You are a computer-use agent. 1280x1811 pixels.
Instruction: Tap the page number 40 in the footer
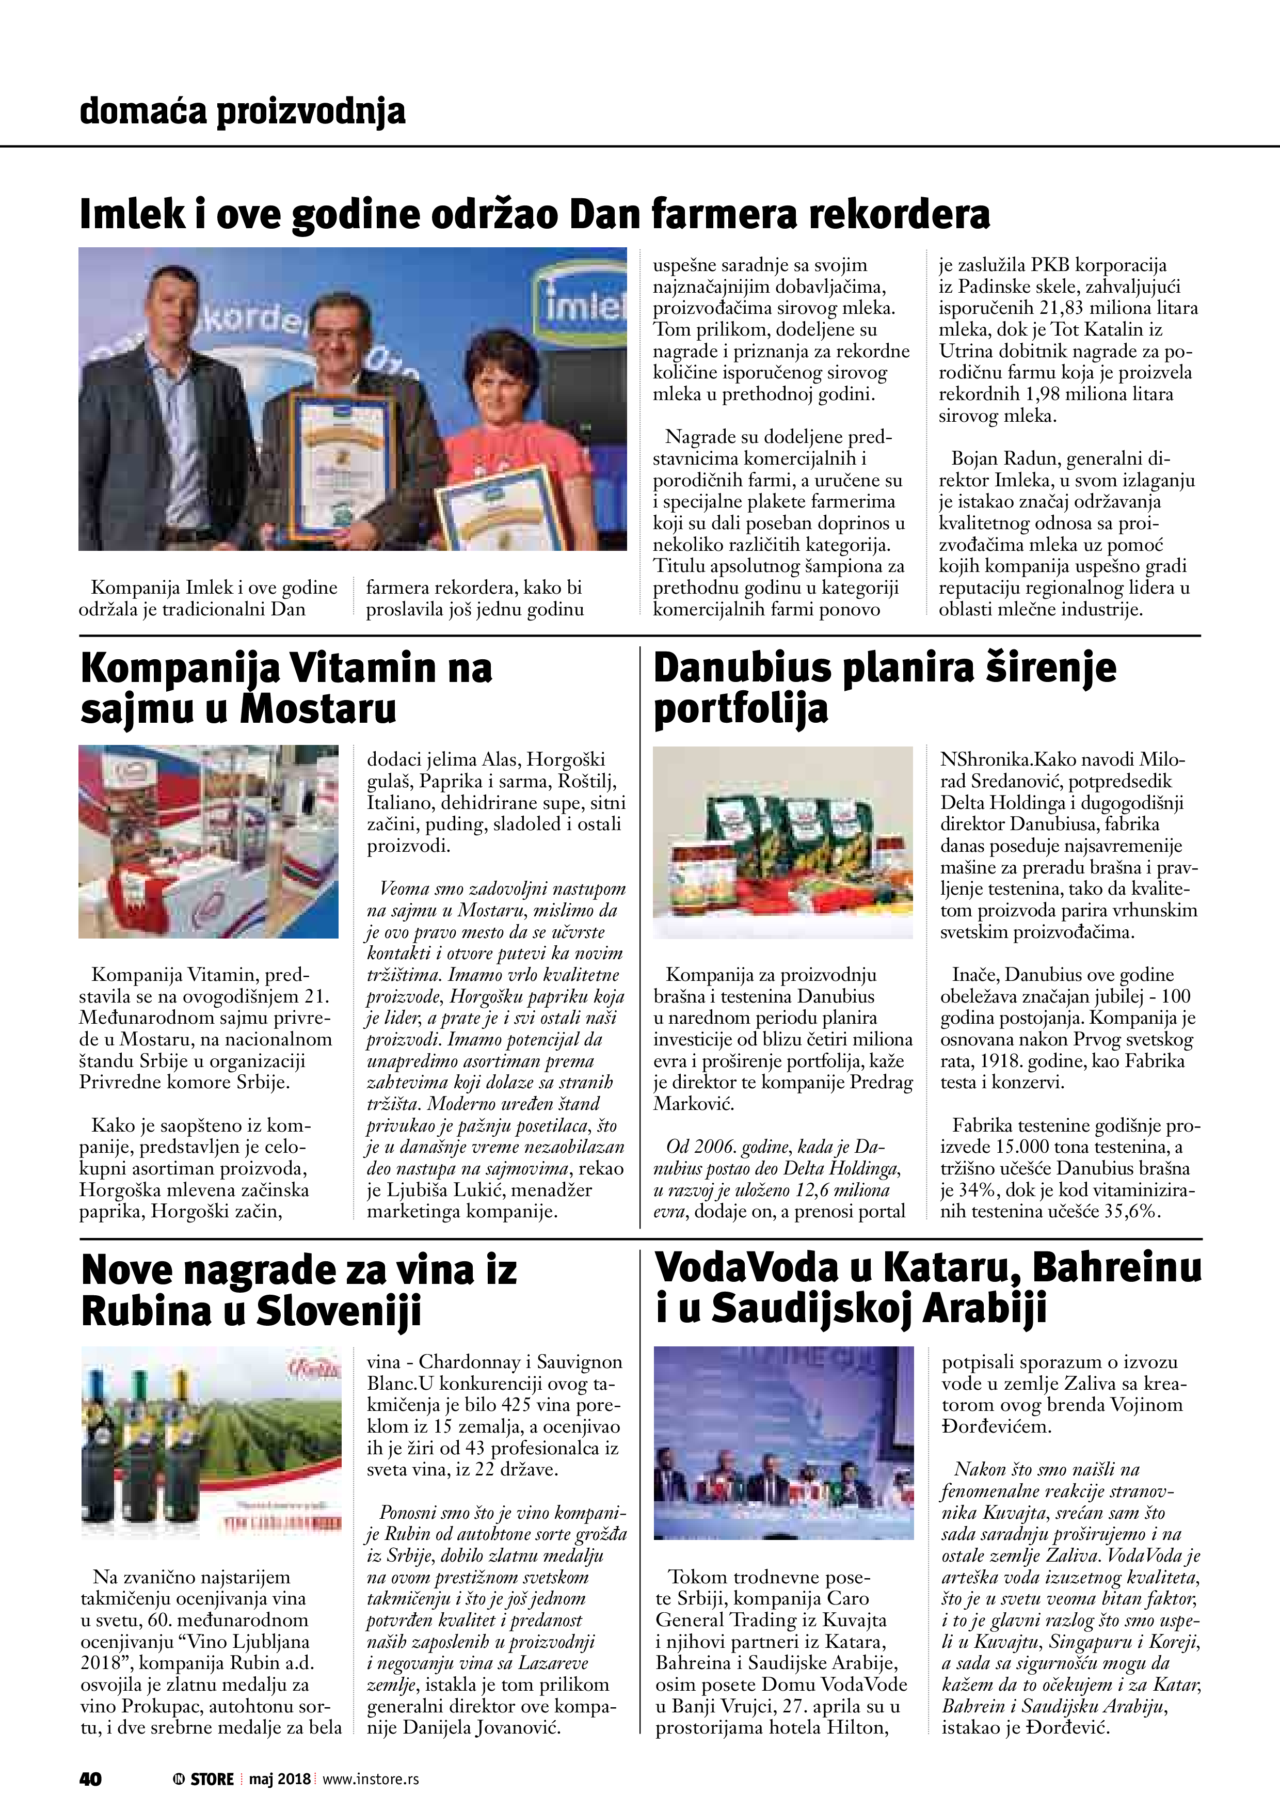coord(90,1778)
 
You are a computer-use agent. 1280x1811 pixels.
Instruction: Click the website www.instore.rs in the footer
coord(370,1778)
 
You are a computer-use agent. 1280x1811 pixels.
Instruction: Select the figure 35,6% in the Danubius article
coord(1132,1212)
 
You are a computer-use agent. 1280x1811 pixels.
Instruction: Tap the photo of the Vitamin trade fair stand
coord(208,841)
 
